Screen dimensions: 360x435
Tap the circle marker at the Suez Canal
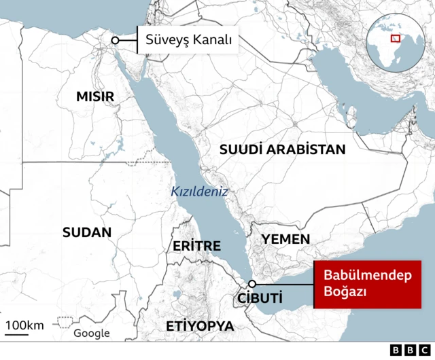(116, 41)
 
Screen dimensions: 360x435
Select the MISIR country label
(94, 97)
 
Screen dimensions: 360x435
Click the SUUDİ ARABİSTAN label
(282, 149)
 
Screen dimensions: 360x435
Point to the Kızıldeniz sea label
(198, 192)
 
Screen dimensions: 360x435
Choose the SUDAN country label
(86, 232)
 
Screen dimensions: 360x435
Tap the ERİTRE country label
(196, 246)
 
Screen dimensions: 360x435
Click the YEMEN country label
(285, 239)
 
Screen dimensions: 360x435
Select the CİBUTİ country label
(259, 298)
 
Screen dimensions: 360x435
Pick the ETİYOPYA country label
(200, 327)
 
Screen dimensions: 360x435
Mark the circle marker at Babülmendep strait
(252, 284)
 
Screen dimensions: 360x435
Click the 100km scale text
(25, 325)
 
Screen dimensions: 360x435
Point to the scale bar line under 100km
(17, 334)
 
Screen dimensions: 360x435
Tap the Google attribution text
(92, 333)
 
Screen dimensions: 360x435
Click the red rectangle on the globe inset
(395, 37)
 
